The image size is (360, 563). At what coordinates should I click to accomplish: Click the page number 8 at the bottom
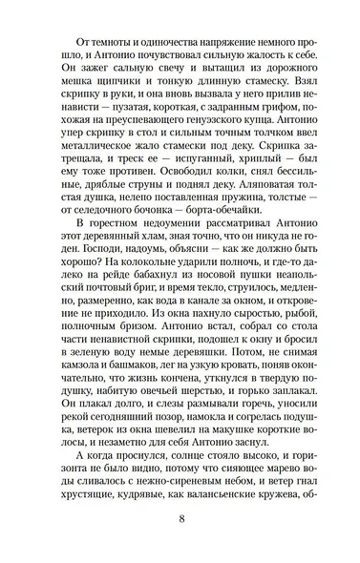[180, 532]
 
